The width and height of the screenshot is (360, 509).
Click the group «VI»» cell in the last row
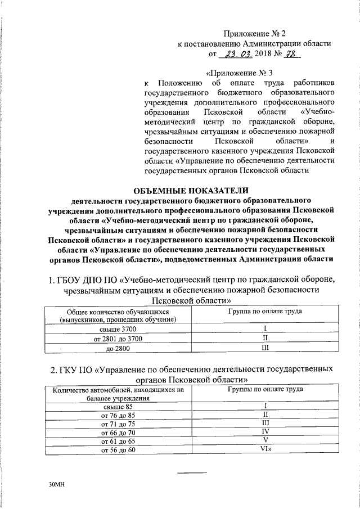[267, 450]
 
